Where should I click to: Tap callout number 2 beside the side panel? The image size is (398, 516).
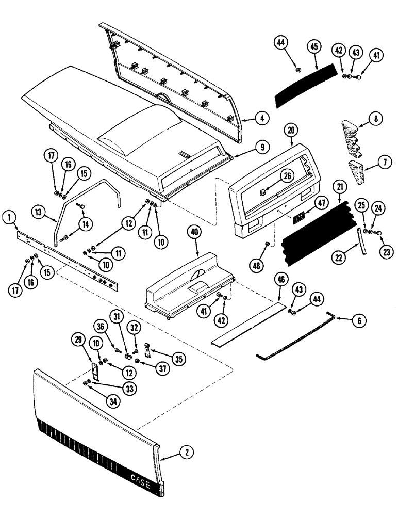(x=187, y=453)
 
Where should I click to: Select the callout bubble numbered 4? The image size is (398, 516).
(x=262, y=118)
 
